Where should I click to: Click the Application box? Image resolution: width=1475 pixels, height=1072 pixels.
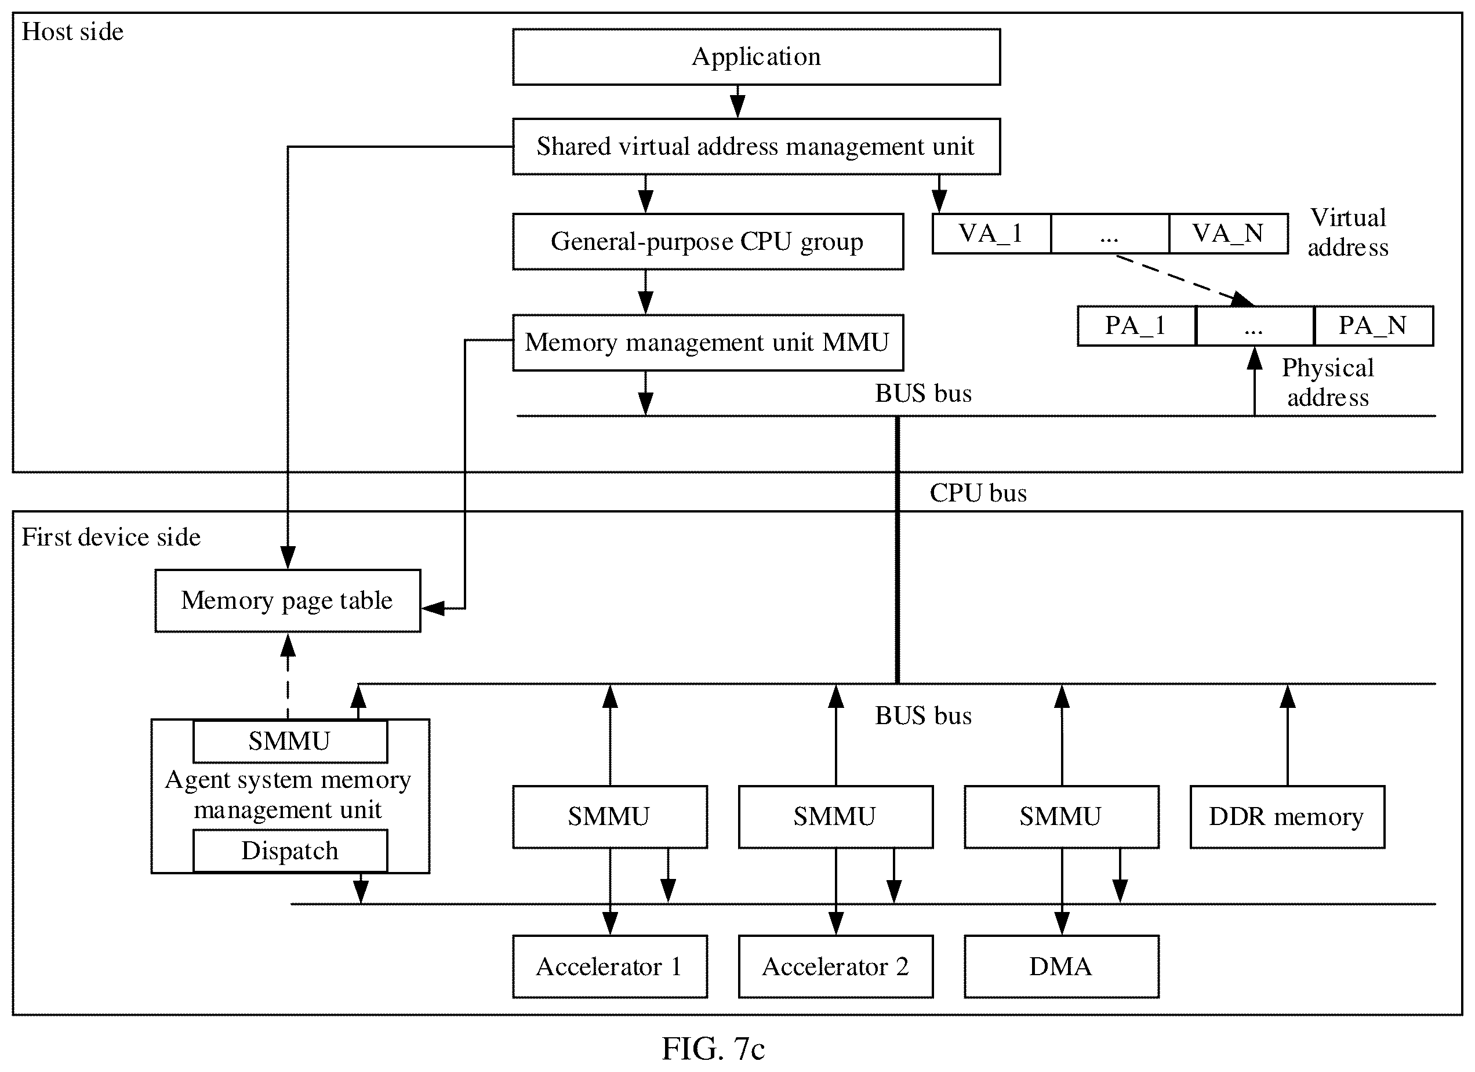[757, 57]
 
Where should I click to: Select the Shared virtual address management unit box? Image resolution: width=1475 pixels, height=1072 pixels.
[757, 146]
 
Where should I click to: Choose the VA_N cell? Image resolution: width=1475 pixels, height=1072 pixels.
[1229, 234]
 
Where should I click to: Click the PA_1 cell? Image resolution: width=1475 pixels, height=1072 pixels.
[1136, 326]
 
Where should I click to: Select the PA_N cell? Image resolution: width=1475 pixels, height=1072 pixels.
[1374, 326]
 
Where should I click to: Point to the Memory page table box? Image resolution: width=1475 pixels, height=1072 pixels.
[288, 601]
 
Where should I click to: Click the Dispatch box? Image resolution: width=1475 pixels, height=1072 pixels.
[290, 851]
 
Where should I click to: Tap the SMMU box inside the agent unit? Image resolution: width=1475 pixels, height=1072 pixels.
[290, 741]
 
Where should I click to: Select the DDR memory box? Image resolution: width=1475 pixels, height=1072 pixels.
[1287, 816]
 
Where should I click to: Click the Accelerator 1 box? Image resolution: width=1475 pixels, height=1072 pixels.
[609, 966]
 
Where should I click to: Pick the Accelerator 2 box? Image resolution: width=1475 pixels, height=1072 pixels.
[835, 966]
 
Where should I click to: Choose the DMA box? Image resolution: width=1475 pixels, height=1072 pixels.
[1062, 966]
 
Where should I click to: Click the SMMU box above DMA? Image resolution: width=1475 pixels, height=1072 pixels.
[1062, 816]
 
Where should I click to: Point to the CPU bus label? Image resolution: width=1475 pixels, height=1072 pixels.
[978, 493]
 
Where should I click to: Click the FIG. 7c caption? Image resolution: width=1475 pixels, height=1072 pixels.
[713, 1049]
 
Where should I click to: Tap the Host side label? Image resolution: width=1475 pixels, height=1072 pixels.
[72, 32]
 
